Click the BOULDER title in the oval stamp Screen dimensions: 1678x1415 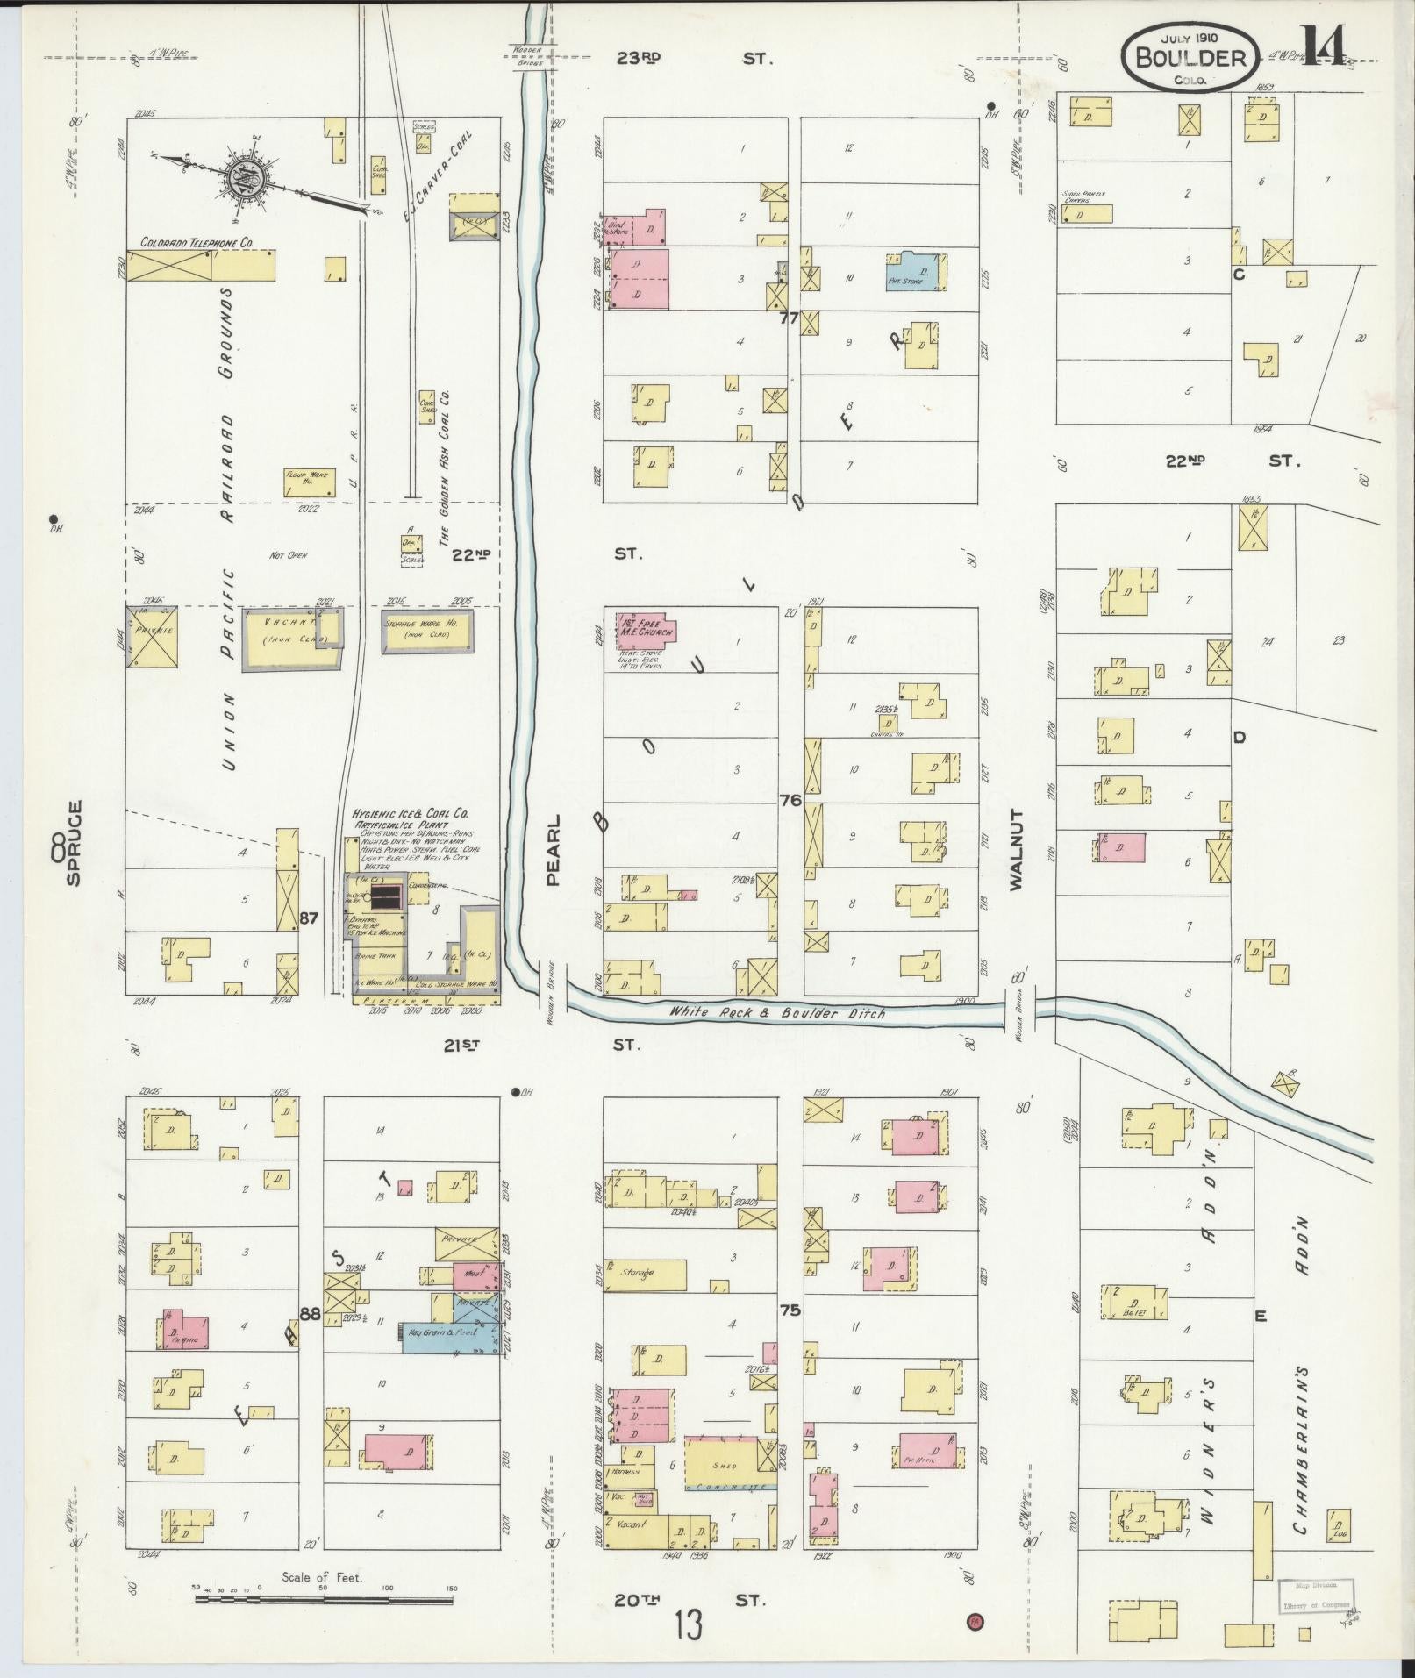pos(1190,58)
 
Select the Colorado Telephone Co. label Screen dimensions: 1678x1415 pos(197,241)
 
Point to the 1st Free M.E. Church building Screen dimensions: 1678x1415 pos(645,632)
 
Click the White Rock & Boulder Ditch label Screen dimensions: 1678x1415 pos(776,1012)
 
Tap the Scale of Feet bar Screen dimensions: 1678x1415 pos(325,1598)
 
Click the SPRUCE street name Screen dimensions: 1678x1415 pos(74,842)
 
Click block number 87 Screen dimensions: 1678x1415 pos(308,918)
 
